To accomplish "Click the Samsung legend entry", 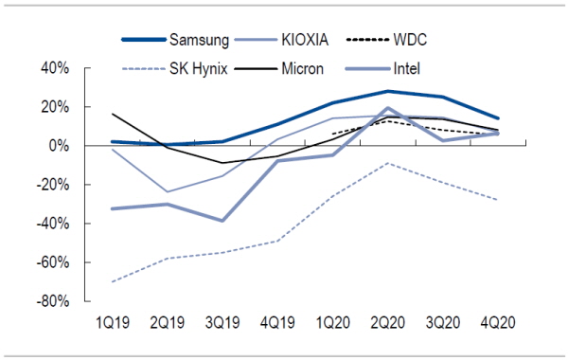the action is pos(199,40).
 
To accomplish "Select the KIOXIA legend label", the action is pos(305,40).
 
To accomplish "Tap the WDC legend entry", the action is pos(410,40).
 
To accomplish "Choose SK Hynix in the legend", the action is pos(199,68).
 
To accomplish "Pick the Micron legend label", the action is pos(303,68).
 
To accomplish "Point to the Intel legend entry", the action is pos(407,68).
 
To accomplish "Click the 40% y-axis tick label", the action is pos(55,68).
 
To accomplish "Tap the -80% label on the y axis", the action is pos(52,301).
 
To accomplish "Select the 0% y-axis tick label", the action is pos(58,145).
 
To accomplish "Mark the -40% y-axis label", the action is pos(52,224).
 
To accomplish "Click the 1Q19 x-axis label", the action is pos(113,322).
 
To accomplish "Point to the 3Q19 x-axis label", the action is pos(222,322).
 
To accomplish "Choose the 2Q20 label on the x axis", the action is pos(387,322).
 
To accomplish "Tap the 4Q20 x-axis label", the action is pos(498,322).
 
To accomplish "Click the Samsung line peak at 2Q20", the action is pos(387,91).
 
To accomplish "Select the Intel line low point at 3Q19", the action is pos(222,221).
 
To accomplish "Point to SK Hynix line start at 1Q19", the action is pos(113,281).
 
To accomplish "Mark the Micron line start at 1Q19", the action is pos(113,114).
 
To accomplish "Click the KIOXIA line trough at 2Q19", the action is pos(168,191).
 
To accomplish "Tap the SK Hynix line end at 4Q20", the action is pos(498,200).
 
